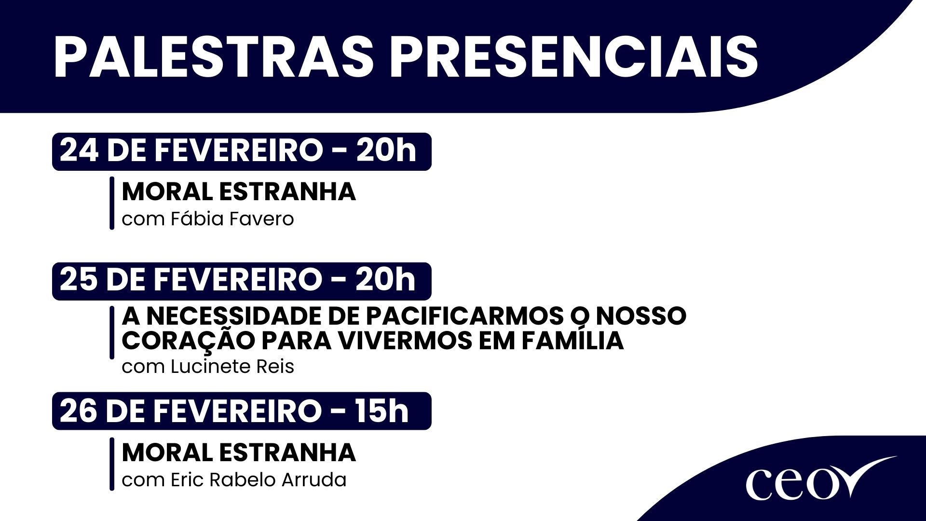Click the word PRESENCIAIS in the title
click(573, 57)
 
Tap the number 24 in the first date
click(79, 151)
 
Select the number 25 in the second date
click(79, 280)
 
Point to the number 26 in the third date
click(79, 411)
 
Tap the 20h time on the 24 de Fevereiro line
click(386, 151)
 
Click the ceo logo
click(820, 480)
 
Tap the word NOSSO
click(641, 316)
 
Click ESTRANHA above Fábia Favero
click(287, 192)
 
